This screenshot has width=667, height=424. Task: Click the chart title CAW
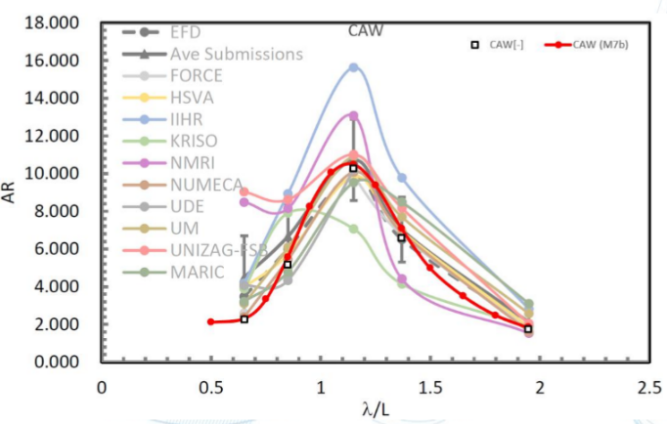tap(366, 30)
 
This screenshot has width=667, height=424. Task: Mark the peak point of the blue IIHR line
tap(354, 67)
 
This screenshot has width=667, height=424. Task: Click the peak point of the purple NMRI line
tap(354, 115)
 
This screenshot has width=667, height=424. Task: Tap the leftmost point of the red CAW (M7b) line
tap(210, 321)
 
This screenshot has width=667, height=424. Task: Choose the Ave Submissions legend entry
tap(236, 54)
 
